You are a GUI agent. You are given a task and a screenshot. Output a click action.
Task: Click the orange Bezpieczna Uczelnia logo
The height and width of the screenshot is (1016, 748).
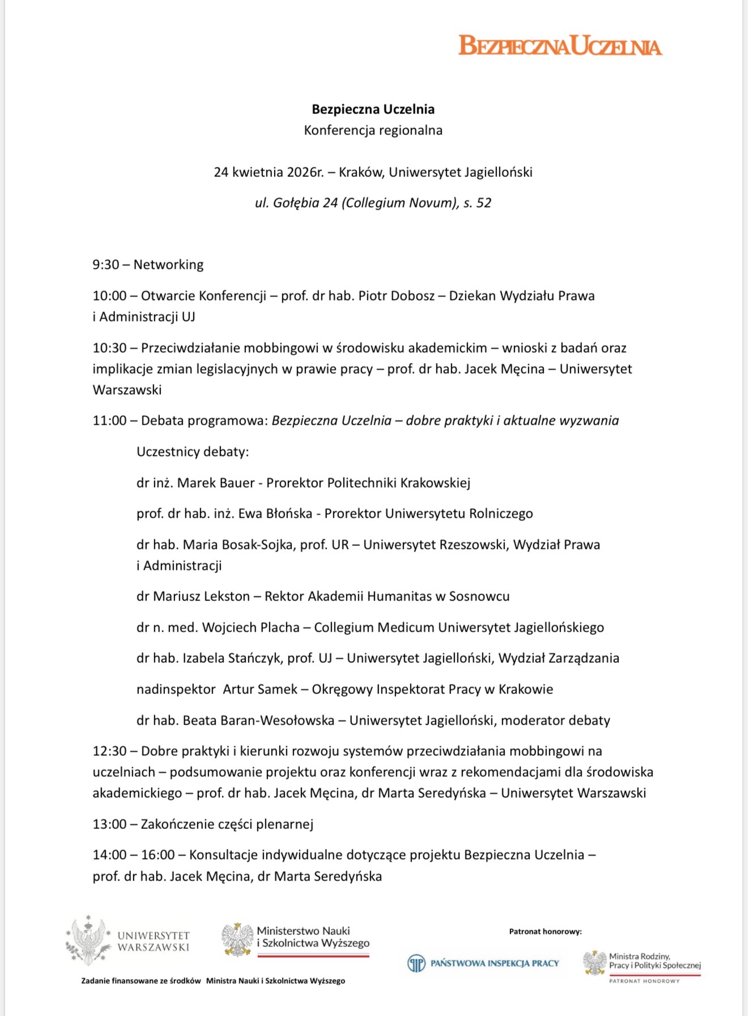[x=560, y=45]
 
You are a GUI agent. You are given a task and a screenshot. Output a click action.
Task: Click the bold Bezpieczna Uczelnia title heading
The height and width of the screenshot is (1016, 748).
[x=373, y=109]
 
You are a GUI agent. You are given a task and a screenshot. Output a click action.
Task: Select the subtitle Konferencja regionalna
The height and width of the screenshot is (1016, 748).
[x=373, y=130]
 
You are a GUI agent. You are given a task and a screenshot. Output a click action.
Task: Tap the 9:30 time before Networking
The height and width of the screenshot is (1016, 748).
[x=106, y=265]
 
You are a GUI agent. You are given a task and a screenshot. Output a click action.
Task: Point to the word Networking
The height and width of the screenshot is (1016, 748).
[x=168, y=265]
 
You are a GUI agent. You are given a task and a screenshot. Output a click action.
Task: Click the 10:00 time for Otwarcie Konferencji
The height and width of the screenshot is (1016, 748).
[x=109, y=296]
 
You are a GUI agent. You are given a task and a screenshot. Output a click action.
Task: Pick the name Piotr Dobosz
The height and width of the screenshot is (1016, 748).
[x=396, y=296]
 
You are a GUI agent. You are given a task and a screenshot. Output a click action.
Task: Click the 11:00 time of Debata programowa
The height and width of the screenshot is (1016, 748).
[x=109, y=421]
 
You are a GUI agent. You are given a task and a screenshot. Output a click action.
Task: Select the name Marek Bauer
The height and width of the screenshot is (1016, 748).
[x=216, y=483]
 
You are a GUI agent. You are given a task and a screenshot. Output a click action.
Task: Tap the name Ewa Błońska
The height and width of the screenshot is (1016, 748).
[x=275, y=514]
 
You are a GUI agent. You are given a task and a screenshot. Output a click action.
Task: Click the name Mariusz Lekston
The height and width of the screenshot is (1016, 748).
[x=201, y=596]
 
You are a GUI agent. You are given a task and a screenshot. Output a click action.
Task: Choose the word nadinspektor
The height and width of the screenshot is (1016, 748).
[x=176, y=689]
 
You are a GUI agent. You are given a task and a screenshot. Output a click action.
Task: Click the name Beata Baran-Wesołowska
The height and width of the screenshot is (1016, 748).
[x=258, y=721]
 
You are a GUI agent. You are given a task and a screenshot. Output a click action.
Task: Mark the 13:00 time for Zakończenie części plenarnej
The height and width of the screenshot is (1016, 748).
[x=109, y=824]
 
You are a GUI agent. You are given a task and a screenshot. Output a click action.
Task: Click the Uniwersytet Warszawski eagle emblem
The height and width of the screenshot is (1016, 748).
[x=88, y=941]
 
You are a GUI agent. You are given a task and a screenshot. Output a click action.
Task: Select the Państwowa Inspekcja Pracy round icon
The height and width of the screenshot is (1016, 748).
[x=416, y=963]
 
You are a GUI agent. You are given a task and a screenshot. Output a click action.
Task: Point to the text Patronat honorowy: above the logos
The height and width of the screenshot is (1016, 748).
[x=545, y=932]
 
